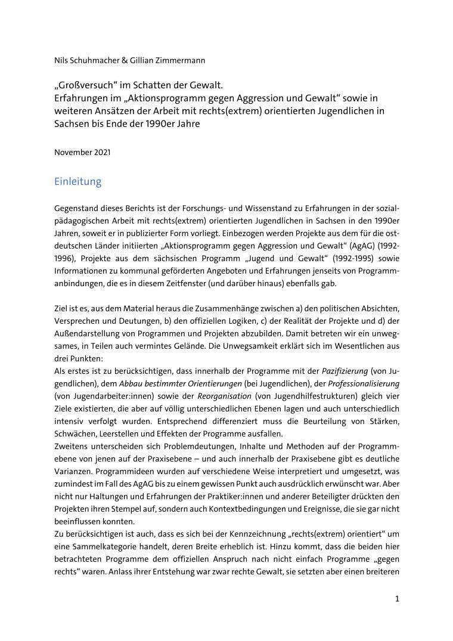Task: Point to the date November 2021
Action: coord(82,152)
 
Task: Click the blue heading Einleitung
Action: coord(77,181)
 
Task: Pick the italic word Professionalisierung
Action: coord(365,383)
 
